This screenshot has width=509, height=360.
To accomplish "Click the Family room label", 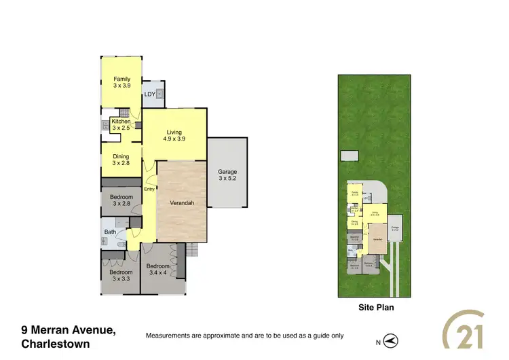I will coord(121,83).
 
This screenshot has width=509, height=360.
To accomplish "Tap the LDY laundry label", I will coord(149,94).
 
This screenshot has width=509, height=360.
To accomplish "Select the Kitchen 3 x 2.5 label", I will coord(121,125).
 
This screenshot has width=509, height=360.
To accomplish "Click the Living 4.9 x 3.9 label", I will coord(174,135).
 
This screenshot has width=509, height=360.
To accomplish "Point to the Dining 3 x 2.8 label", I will coord(121,160).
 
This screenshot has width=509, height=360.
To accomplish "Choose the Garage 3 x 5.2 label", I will coord(227,175).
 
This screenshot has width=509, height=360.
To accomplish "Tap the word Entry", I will coord(149,190).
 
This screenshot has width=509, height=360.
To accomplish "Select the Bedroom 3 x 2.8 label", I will coord(121,200).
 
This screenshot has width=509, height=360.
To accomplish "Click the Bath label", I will coord(110,232).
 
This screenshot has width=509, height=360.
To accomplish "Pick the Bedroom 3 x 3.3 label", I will coord(120,275).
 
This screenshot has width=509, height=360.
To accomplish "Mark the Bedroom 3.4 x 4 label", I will coord(157,270).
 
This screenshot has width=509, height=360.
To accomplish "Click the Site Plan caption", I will coord(375,307).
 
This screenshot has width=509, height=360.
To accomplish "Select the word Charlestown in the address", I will coord(55,344).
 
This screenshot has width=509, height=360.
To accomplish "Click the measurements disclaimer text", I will coord(245,336).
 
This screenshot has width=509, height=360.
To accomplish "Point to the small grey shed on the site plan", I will coord(349,156).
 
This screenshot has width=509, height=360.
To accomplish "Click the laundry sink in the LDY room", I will coord(159,94).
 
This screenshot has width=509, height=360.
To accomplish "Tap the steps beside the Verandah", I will coord(193,251).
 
